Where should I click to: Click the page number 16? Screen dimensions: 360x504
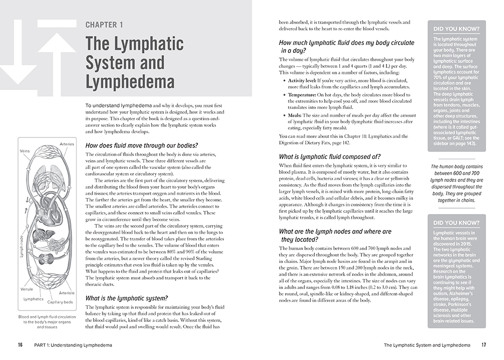tap(20, 345)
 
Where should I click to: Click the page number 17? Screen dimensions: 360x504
tap(483, 345)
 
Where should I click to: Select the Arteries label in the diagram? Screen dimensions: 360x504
tap(66, 144)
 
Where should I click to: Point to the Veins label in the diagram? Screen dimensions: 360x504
tap(25, 150)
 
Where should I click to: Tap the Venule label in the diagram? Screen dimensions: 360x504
tap(27, 289)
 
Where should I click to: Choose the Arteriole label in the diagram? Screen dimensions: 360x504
tap(66, 293)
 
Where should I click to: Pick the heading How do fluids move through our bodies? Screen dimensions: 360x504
tap(142, 145)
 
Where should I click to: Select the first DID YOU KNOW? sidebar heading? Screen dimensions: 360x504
tap(457, 29)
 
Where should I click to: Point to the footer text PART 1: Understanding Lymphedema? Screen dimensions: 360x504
tap(73, 345)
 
